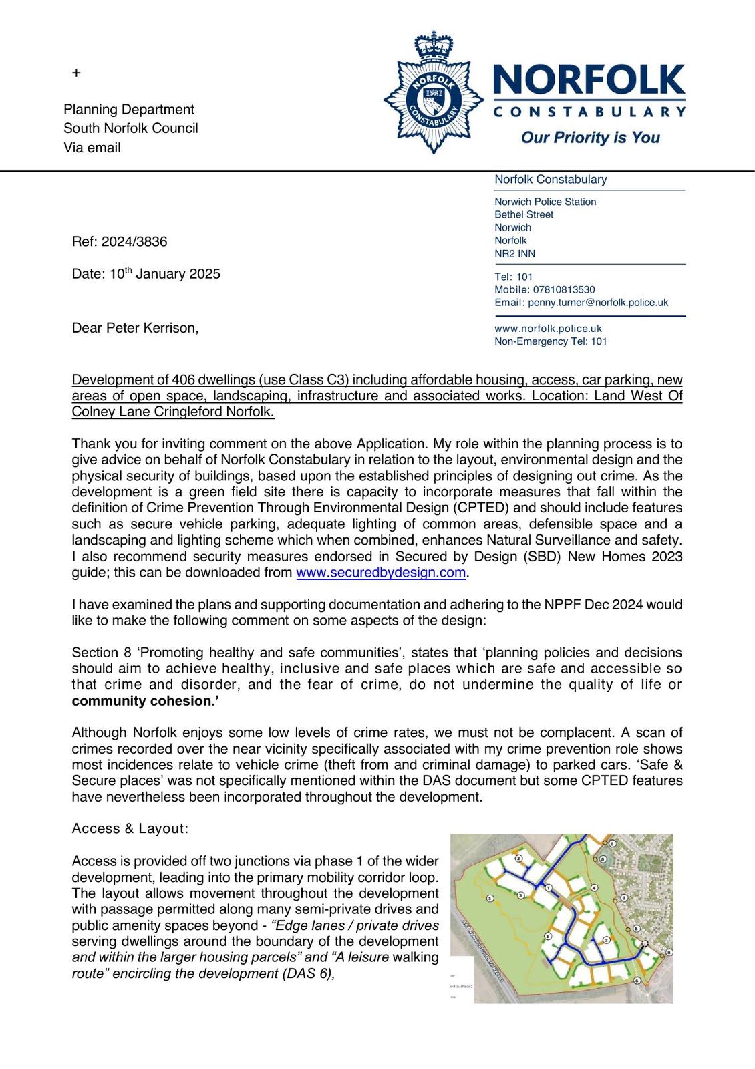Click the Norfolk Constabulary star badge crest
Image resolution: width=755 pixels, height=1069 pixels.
click(434, 94)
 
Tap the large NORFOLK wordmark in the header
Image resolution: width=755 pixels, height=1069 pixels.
click(589, 80)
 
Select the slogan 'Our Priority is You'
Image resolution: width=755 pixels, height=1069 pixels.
click(590, 138)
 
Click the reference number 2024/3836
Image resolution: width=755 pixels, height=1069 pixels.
click(134, 242)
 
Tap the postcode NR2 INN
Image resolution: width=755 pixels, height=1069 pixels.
click(514, 254)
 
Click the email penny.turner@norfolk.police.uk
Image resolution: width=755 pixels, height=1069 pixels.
click(598, 303)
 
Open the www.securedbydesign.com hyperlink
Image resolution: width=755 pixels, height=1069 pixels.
click(380, 573)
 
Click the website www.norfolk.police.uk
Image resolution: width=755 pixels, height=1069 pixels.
click(548, 329)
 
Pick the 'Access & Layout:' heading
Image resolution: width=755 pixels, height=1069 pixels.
click(130, 829)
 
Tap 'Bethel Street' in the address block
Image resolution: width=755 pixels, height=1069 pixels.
click(524, 215)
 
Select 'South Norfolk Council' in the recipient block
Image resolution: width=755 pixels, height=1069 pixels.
click(131, 128)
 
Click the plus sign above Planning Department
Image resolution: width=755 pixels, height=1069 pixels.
click(76, 73)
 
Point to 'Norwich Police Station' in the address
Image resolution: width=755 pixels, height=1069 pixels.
click(545, 202)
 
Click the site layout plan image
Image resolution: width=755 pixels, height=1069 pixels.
click(561, 918)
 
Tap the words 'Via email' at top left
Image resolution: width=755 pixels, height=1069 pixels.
click(92, 148)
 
